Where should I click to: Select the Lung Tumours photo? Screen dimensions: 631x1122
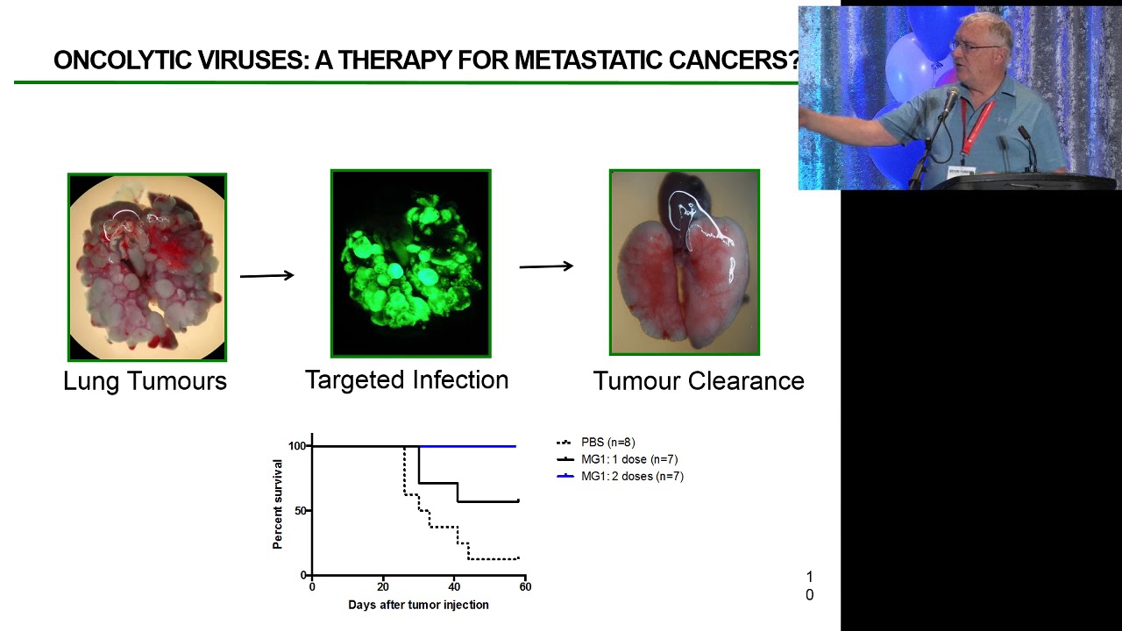pos(147,267)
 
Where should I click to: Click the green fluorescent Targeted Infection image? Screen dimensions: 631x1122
pos(410,264)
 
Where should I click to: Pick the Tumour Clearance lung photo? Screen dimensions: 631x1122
pos(685,263)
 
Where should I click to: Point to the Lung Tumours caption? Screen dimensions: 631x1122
pos(145,381)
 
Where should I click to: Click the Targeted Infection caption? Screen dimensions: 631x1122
pos(407,380)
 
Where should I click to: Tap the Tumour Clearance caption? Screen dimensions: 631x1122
pos(698,381)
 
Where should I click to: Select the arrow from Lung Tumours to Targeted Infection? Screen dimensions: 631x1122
pos(267,276)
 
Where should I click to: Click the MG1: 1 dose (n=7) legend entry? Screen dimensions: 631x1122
pos(628,459)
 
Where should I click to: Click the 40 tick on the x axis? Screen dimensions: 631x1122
pos(454,586)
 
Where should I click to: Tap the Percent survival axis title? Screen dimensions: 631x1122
pos(278,511)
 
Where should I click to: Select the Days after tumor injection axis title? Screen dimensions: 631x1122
pos(418,605)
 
